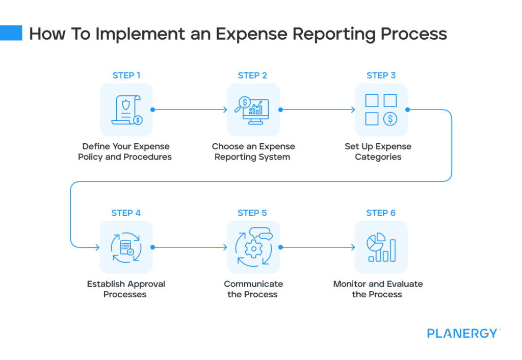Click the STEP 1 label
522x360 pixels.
(126, 75)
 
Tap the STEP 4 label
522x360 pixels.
(126, 213)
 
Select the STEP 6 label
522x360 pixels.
(381, 213)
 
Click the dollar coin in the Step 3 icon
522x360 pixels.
(390, 119)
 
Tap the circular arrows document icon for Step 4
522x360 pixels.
(126, 247)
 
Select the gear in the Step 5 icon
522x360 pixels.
(251, 250)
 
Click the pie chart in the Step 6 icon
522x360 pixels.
(375, 242)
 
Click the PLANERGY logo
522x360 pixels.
(463, 333)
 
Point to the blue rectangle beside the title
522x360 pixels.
(11, 33)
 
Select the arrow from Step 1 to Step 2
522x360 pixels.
(190, 110)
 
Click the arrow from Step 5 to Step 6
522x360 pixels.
(317, 247)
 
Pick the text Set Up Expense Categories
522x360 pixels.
(378, 151)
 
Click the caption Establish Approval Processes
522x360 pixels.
(126, 289)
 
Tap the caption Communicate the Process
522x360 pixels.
(253, 289)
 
